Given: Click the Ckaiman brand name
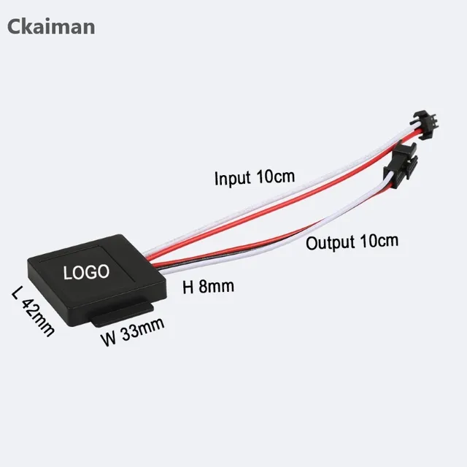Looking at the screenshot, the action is tap(51, 26).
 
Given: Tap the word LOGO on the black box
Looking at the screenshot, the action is tap(86, 273).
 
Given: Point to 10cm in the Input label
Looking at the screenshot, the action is tap(274, 177).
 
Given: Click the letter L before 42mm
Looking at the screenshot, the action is tap(18, 294).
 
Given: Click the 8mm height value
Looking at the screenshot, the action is tap(217, 287).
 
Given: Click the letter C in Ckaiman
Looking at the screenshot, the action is tap(15, 26).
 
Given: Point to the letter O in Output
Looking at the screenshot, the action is tap(312, 243).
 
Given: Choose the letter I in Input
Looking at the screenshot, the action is tap(216, 177).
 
